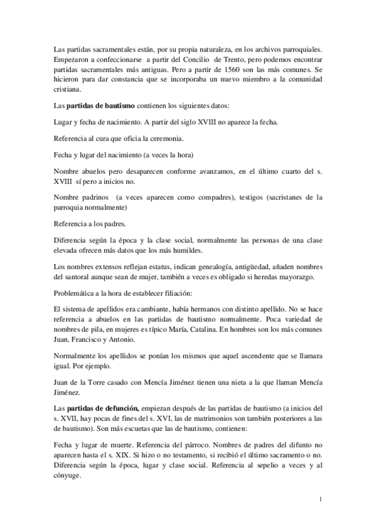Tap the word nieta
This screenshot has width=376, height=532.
[x=225, y=382]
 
